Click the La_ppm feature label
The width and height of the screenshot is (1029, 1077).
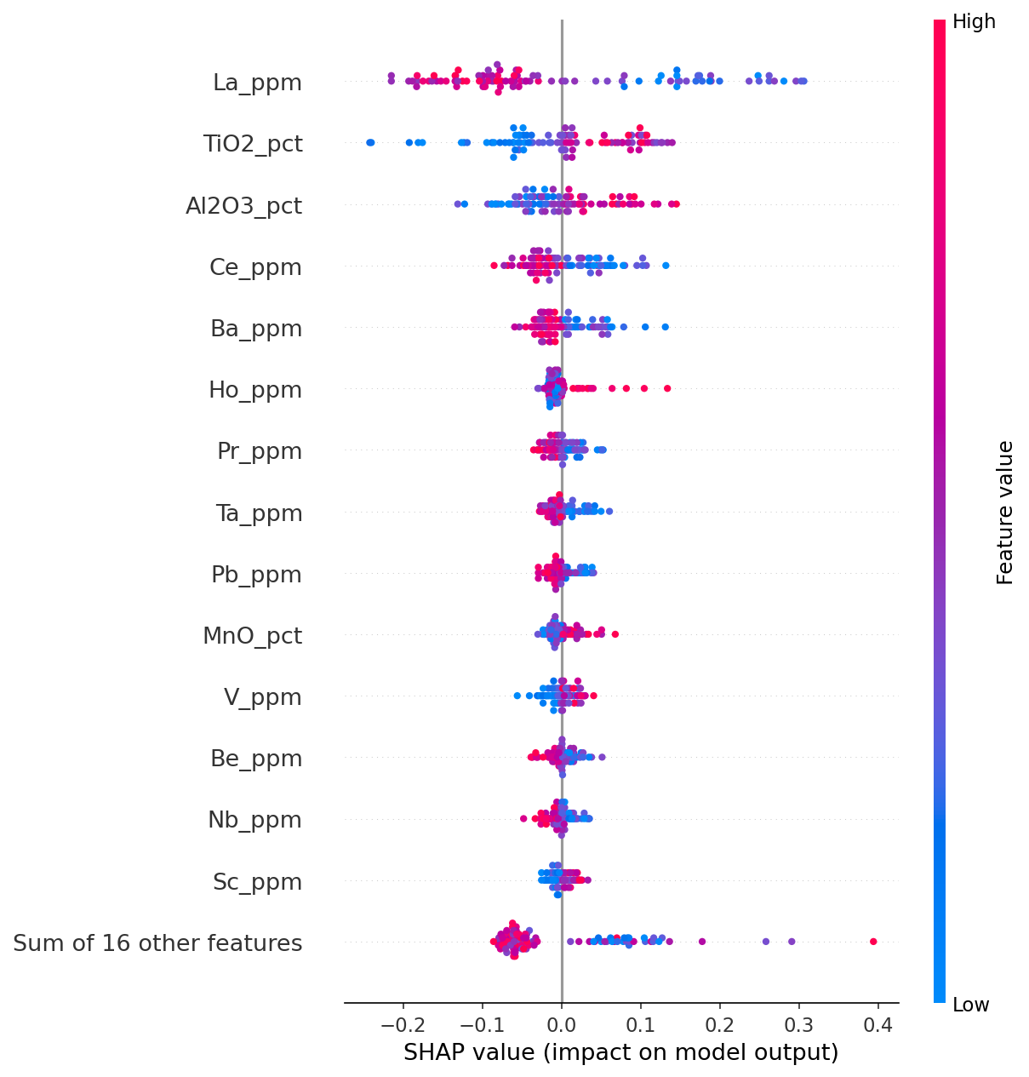(x=257, y=83)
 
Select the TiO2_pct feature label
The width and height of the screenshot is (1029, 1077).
(x=253, y=144)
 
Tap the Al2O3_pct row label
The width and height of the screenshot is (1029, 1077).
(x=243, y=205)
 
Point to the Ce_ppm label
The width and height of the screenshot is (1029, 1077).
(x=255, y=267)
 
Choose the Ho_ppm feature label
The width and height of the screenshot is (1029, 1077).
(x=255, y=390)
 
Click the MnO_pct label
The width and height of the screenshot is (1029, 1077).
(x=252, y=636)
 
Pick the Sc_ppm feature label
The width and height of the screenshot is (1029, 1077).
(x=258, y=882)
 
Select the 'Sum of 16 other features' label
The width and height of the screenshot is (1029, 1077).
(x=157, y=943)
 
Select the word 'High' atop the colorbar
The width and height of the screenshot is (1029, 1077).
(x=974, y=22)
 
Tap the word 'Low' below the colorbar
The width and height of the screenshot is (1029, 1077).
(x=971, y=1005)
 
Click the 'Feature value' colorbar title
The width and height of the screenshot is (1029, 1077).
(x=1005, y=513)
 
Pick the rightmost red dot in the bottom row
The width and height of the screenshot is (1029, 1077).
(x=873, y=941)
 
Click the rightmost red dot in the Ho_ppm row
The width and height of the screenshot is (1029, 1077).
(x=667, y=388)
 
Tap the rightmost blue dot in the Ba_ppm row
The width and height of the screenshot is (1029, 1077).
(x=666, y=327)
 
